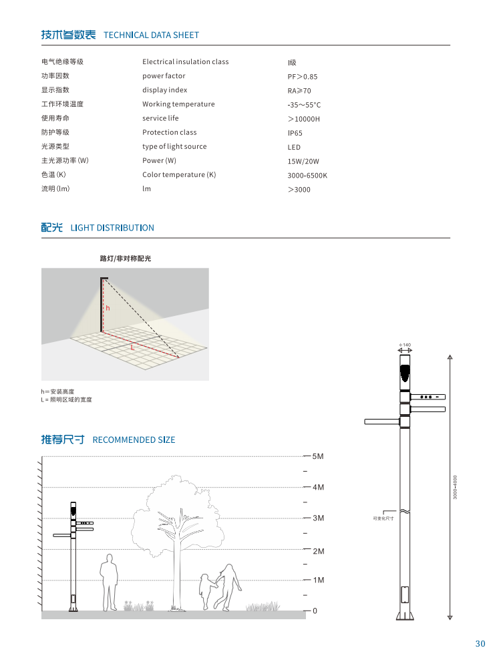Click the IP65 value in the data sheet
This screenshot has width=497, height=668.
[x=295, y=133]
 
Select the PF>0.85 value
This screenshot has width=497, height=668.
[x=303, y=77]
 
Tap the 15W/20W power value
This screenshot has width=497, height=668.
[x=303, y=161]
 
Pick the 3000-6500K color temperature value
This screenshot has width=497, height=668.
[x=307, y=176]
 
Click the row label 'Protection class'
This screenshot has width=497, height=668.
[x=169, y=132]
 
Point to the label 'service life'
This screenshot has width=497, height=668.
[x=160, y=118]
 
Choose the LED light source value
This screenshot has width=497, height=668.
[x=294, y=147]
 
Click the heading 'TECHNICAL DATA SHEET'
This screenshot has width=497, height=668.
[x=152, y=35]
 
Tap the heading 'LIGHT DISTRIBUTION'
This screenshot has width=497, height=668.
[x=112, y=228]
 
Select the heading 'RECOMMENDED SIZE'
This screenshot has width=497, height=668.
[x=134, y=440]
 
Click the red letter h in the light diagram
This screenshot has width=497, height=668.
[x=107, y=308]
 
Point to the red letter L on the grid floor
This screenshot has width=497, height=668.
[x=132, y=347]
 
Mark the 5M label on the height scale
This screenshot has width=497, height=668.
[x=318, y=456]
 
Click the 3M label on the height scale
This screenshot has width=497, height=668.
[x=318, y=518]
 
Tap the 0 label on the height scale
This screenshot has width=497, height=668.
[x=315, y=611]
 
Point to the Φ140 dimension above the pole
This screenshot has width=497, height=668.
[x=405, y=345]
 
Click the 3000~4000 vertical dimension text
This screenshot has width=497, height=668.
[x=455, y=488]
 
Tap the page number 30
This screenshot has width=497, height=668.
[x=480, y=644]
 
